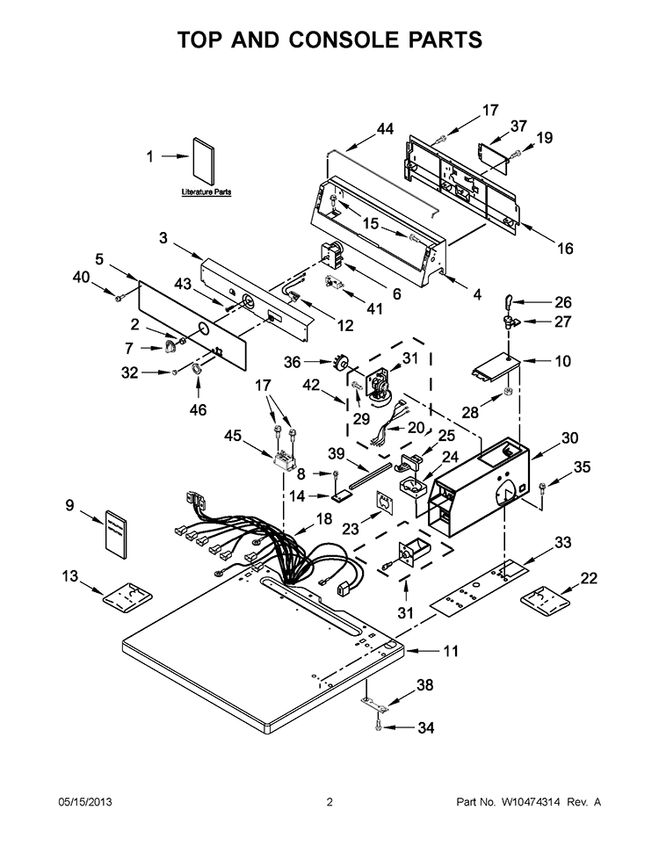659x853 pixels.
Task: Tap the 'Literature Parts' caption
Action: [x=206, y=192]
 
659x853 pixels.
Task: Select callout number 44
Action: [x=385, y=129]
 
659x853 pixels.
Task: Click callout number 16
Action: [x=565, y=248]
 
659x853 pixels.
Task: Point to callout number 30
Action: [x=569, y=437]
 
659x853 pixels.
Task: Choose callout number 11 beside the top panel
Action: [x=451, y=651]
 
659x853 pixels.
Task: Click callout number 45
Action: [x=233, y=436]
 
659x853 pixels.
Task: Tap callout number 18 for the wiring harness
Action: [x=323, y=518]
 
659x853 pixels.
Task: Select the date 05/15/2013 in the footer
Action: [x=85, y=802]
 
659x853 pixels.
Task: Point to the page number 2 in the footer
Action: [x=329, y=802]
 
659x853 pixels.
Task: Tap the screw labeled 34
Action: [x=379, y=726]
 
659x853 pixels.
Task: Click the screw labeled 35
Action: [x=542, y=487]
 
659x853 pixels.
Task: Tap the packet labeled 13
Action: [x=127, y=594]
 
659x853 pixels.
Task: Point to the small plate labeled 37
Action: [x=493, y=158]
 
